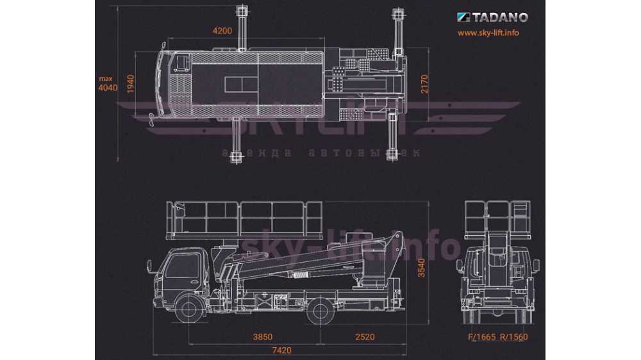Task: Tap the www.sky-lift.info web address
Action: coord(488,33)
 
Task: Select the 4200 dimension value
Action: coord(222,31)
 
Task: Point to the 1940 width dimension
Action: coord(130,85)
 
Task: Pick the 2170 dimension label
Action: coord(424,84)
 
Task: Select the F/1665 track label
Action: coord(481,337)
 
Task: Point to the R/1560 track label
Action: coord(515,337)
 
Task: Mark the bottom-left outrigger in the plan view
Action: coord(237,141)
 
